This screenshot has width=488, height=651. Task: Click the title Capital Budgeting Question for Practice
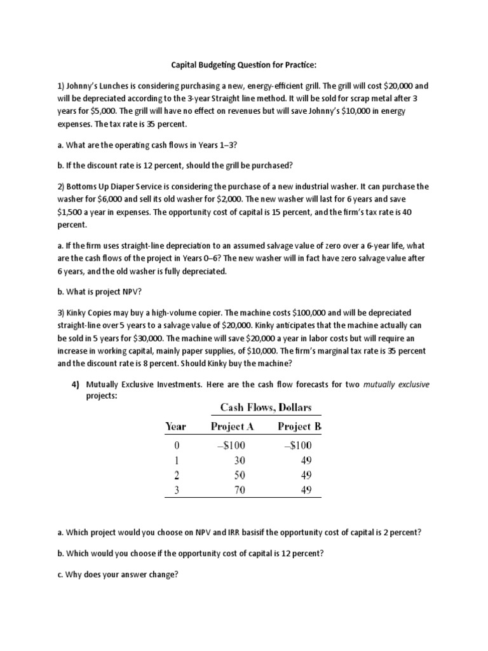[x=243, y=65]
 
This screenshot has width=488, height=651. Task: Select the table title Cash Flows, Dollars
[x=266, y=407]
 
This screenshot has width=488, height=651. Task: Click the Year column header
[x=175, y=426]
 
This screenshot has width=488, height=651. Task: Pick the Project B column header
[x=299, y=426]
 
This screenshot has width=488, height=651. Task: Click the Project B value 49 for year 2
[x=306, y=475]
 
